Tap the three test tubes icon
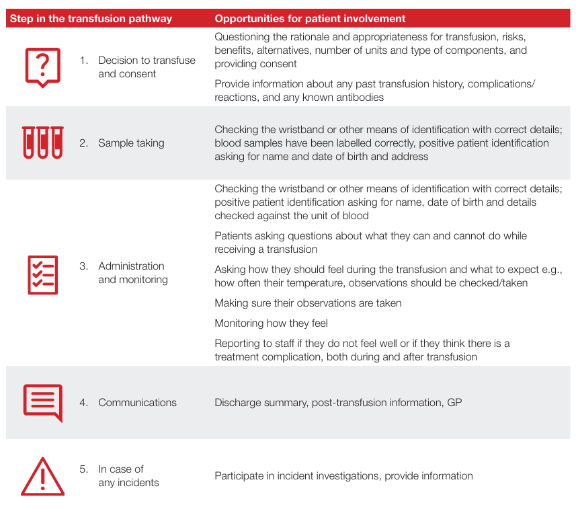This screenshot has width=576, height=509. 42,143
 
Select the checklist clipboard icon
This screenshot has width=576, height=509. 42,274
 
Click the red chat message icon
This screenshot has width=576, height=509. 42,402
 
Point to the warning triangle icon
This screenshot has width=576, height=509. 42,476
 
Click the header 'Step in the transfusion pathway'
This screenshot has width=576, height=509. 91,19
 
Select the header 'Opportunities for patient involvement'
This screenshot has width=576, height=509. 310,19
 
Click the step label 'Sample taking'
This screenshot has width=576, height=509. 131,143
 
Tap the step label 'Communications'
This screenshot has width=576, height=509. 137,402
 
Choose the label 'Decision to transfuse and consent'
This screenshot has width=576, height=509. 147,67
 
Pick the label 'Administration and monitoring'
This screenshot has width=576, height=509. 132,272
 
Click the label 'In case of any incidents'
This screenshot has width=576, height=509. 128,475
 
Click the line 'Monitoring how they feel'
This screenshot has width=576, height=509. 271,323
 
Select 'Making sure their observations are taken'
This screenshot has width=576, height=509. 308,303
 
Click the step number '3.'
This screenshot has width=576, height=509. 84,266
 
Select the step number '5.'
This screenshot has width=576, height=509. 84,469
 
